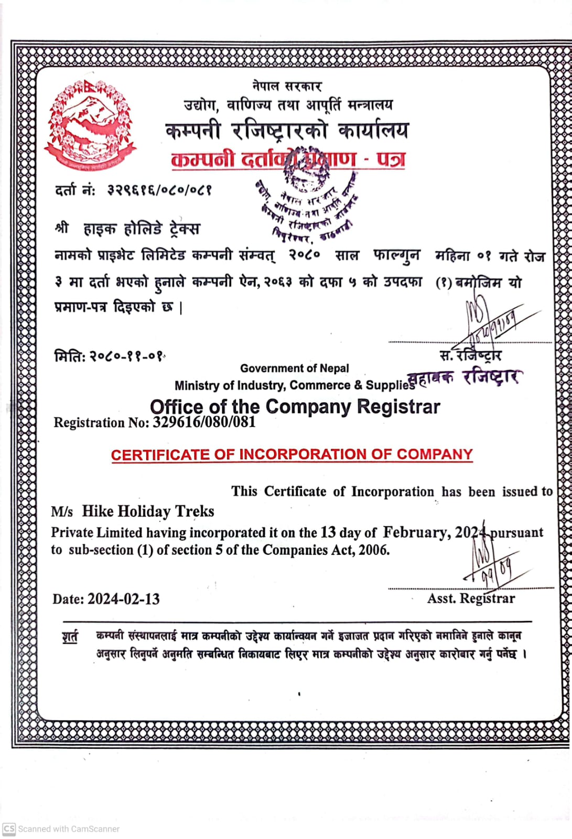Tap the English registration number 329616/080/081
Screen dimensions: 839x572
204,422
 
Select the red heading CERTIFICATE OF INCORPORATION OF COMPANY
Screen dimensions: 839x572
292,455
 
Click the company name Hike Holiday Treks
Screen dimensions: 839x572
148,511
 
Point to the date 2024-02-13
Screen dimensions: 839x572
123,599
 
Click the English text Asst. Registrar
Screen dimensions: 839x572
471,598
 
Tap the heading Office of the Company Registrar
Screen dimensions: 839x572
295,407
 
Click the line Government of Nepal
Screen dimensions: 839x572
294,369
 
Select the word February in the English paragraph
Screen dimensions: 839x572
415,532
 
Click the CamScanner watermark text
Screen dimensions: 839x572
69,829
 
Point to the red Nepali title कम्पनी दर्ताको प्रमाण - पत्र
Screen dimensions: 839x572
288,159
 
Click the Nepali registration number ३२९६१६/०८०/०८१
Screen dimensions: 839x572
159,190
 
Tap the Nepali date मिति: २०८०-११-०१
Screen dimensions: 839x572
110,357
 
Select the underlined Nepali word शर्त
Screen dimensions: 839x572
70,637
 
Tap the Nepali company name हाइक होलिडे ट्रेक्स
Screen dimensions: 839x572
142,229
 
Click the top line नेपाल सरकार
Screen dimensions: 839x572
286,86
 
